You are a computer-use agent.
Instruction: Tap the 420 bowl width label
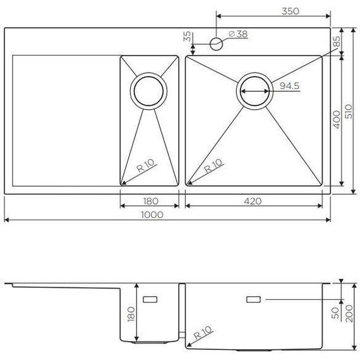coord(253,201)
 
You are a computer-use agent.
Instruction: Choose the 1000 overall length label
coord(153,215)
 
